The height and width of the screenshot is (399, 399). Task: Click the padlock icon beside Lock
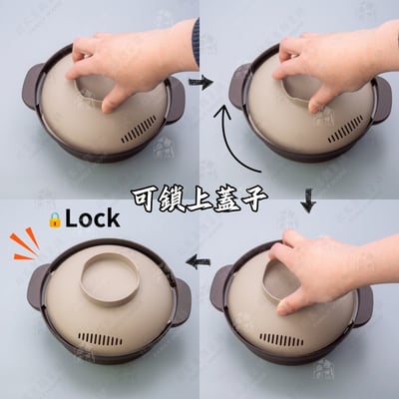coord(54,219)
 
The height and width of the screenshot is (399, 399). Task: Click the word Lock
coord(93,218)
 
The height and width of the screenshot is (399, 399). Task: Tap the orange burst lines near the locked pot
coord(26,243)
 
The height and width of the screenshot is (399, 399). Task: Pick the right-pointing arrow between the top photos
coord(200,83)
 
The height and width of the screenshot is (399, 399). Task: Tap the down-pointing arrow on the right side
coord(308,200)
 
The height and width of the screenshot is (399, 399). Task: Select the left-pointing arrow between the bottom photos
coord(199,260)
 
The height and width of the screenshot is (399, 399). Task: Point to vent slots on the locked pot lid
coord(100,339)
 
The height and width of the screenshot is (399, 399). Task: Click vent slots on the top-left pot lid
coord(139,129)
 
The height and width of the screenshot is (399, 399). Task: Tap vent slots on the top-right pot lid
coord(346,129)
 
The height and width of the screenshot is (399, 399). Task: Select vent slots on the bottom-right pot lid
coord(281,339)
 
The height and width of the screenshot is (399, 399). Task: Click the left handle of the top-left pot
coord(32,86)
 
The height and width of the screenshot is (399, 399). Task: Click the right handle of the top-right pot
coord(382,100)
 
